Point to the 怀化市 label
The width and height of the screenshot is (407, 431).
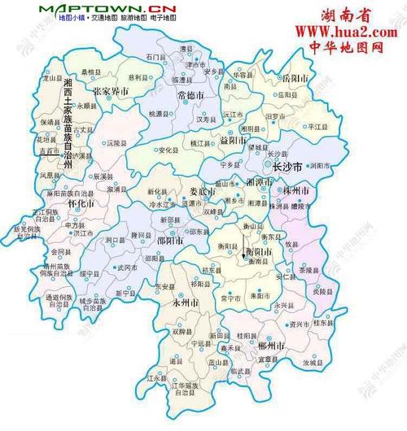tap(81, 204)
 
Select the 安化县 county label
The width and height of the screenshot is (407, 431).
tap(168, 150)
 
